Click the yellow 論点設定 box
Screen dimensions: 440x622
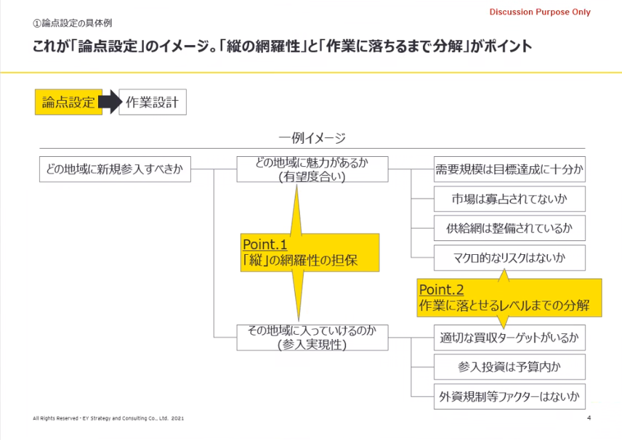(69, 103)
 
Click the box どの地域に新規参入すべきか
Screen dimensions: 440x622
(115, 170)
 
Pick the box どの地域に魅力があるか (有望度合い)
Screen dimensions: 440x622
(312, 170)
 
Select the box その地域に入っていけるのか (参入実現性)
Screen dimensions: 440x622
(312, 338)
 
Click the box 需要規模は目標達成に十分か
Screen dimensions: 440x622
(509, 170)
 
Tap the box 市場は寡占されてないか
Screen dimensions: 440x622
(509, 198)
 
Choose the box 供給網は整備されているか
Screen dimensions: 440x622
(509, 227)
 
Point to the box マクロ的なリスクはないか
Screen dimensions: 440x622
(509, 256)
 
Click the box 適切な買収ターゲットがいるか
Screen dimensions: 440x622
(509, 338)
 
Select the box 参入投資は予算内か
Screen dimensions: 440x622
(509, 367)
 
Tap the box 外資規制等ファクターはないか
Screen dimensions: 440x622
(509, 396)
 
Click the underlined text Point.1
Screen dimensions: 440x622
(266, 245)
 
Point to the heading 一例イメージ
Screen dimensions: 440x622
(312, 138)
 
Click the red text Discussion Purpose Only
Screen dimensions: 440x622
(540, 12)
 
